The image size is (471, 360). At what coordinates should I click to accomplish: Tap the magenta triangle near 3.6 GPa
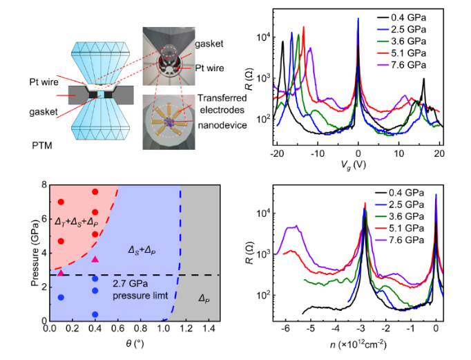95,259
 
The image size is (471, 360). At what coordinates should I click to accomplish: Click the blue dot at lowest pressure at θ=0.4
95,314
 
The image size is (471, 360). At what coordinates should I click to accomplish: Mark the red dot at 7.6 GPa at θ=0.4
95,191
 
